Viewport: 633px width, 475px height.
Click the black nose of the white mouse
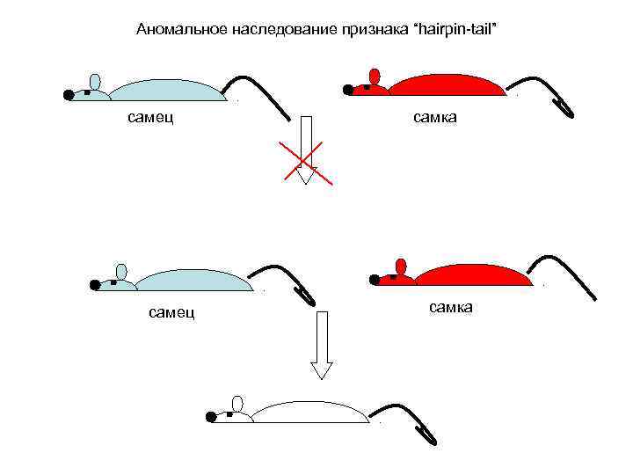tap(211, 417)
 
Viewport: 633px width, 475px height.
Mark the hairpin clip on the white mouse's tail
tap(427, 434)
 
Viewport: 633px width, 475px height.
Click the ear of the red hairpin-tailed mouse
tap(375, 76)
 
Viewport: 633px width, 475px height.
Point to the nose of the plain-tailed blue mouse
tap(69, 94)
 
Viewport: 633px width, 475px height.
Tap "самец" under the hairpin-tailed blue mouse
tap(172, 311)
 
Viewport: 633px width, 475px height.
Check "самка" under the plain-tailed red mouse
tap(451, 306)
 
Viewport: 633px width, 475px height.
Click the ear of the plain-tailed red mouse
tap(402, 267)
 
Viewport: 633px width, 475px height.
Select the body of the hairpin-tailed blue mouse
tap(194, 281)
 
